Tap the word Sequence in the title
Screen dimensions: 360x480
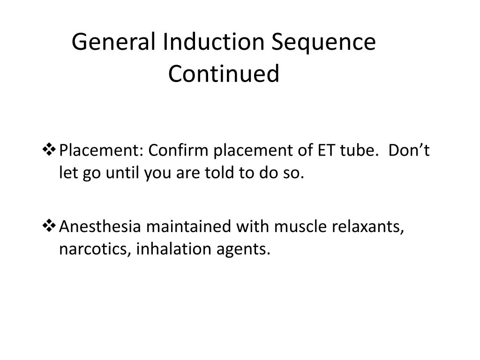[x=324, y=43]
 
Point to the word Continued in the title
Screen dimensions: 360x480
[x=224, y=74]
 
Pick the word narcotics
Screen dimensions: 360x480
[x=95, y=250]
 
